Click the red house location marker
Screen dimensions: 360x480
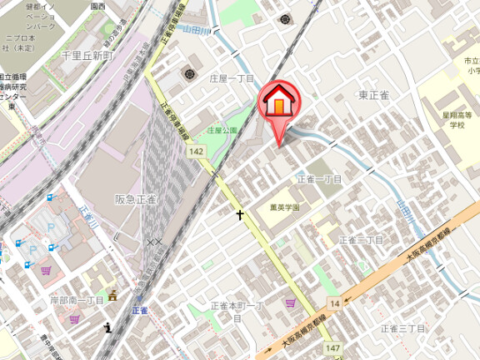[x=280, y=103]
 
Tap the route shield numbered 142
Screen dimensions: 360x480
[x=196, y=151]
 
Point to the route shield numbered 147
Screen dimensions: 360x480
[x=332, y=347]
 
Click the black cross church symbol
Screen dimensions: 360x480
[x=240, y=215]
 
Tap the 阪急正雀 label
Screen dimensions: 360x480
[x=135, y=200]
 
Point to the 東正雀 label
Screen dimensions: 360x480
[x=374, y=95]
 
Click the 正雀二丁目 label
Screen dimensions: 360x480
[x=361, y=240]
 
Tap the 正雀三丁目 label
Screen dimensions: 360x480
[x=403, y=328]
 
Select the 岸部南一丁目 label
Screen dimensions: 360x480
[x=77, y=300]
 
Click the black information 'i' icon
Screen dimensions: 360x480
[x=108, y=327]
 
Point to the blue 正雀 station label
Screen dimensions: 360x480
[x=139, y=310]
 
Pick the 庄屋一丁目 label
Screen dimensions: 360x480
[x=232, y=77]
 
